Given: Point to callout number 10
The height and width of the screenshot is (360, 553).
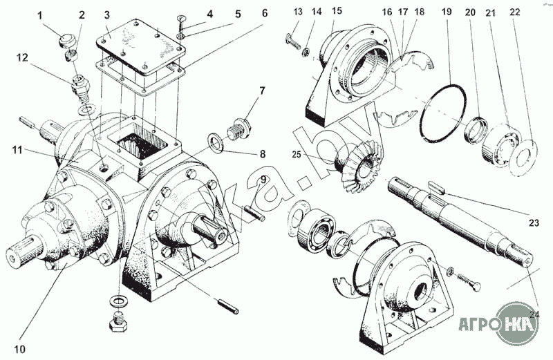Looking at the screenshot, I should [19, 349].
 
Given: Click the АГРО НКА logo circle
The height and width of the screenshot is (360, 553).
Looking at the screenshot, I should [518, 323].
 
